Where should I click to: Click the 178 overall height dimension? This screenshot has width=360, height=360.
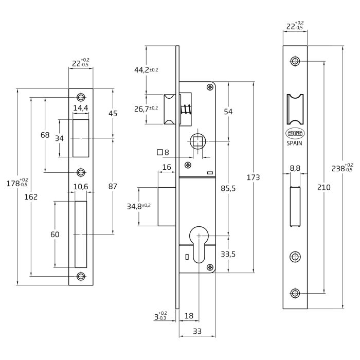pos(17,183)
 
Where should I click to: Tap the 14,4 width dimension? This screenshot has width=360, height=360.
pos(81,108)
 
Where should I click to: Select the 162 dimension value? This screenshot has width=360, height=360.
pos(31,197)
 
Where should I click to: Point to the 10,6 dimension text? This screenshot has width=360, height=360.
pos(81,187)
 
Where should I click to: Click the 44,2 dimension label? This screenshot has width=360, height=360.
pos(146,69)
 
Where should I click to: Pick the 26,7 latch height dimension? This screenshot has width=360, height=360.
pos(146,109)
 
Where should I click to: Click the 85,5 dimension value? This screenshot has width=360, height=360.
pos(228,189)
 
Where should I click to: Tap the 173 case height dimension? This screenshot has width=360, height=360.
pos(253,177)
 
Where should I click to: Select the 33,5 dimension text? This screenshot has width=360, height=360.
pos(228,254)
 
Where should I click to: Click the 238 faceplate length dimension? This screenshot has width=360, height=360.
pos(343,168)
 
